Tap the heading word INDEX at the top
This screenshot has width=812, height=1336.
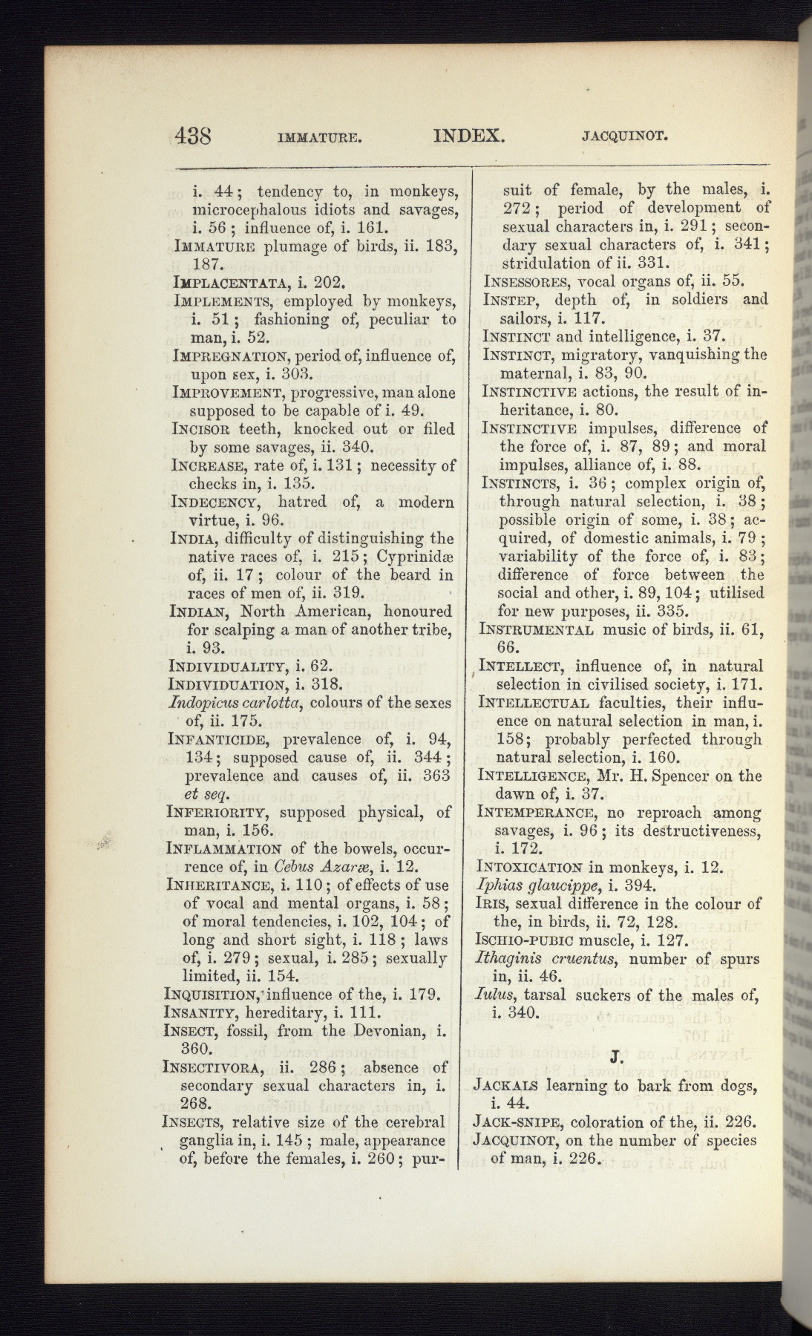pyautogui.click(x=469, y=136)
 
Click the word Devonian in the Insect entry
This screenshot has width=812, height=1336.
pyautogui.click(x=390, y=1031)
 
